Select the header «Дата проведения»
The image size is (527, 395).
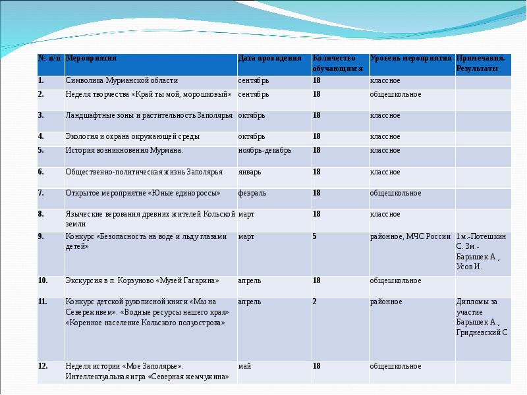tap(265, 58)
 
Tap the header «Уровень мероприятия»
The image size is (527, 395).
tap(410, 58)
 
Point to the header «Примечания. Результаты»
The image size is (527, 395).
tap(481, 63)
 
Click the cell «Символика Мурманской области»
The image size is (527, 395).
tap(121, 81)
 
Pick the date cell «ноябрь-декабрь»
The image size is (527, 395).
tap(264, 150)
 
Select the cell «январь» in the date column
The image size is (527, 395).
tap(250, 172)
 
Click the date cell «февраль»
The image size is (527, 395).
tap(252, 194)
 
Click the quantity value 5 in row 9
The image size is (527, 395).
tap(315, 236)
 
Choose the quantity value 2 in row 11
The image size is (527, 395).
tap(315, 302)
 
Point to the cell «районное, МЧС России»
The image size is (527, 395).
tap(410, 236)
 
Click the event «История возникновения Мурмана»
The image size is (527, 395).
tap(124, 150)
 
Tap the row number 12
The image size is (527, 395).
tap(42, 366)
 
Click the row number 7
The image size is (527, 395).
tap(41, 194)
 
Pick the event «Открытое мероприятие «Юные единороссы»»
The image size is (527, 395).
tap(142, 194)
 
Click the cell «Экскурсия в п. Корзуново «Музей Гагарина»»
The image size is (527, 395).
tap(142, 280)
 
